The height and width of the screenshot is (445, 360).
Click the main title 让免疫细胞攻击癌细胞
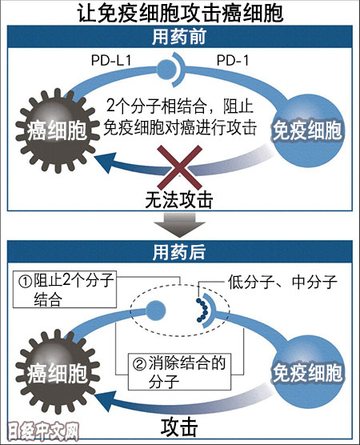tap(180, 13)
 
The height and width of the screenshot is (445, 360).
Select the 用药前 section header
tap(180, 37)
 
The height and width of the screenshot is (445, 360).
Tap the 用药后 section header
tap(180, 251)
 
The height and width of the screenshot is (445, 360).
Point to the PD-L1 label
tap(111, 61)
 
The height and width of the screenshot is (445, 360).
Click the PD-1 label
tap(233, 61)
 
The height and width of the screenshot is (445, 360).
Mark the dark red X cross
tap(179, 167)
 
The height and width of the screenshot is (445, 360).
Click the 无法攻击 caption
tap(179, 200)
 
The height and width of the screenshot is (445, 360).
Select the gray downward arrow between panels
tap(179, 225)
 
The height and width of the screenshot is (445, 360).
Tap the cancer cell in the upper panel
tap(58, 130)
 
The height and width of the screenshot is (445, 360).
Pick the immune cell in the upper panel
tap(307, 130)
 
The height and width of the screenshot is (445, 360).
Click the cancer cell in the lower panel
tap(58, 371)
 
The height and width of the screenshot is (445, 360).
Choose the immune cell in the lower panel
tap(307, 372)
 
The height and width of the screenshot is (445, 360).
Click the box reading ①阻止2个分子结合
tap(65, 289)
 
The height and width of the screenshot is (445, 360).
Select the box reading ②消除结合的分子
tap(179, 371)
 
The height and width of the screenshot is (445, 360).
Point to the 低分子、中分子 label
tap(282, 282)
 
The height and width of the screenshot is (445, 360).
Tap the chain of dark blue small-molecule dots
tap(202, 311)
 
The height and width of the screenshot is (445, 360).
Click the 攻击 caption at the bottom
tap(179, 427)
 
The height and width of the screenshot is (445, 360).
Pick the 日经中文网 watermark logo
tap(42, 431)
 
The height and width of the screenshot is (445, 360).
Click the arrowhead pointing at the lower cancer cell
tap(102, 401)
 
